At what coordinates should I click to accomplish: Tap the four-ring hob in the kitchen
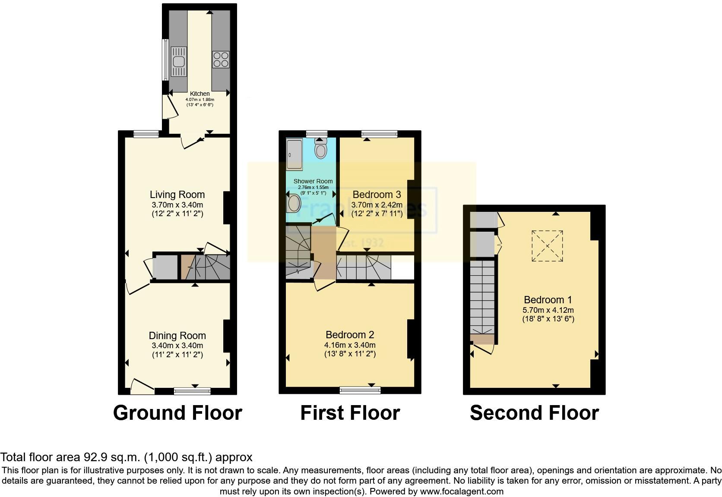point(221,60)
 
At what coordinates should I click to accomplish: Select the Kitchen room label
point(200,94)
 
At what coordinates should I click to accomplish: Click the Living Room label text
point(177,195)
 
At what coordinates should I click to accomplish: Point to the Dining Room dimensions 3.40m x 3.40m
point(177,346)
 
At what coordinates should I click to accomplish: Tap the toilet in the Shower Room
point(320,149)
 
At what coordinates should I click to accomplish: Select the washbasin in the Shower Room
point(294,202)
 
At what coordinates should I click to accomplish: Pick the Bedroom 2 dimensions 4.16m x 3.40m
point(350,345)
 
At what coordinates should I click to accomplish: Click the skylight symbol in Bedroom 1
point(547,246)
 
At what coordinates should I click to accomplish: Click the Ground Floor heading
point(177,413)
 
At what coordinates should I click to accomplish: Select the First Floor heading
point(350,413)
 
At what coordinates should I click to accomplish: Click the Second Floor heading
point(534,413)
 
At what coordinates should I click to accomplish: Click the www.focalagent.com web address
point(462,491)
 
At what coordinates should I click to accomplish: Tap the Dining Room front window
point(192,391)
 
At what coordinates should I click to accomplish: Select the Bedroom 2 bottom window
point(360,390)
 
